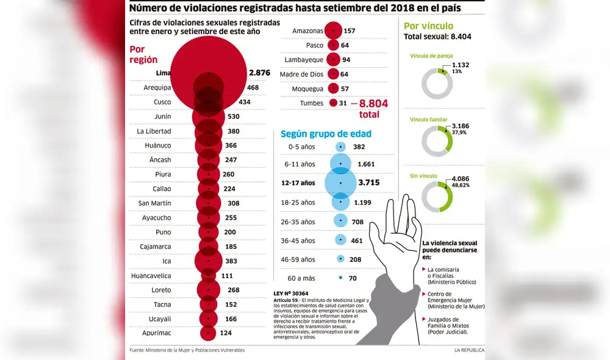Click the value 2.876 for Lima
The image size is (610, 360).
tap(259, 73)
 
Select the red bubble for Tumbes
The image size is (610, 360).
tap(333, 103)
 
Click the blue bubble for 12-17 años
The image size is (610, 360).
tap(340, 182)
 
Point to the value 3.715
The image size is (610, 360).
tap(370, 182)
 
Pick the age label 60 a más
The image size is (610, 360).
tap(301, 278)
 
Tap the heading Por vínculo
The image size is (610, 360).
tap(429, 26)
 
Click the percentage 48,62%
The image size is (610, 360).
tap(461, 185)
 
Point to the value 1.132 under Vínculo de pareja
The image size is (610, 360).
tap(461, 65)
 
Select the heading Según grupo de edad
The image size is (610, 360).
tap(326, 134)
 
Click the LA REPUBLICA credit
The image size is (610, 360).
tap(468, 350)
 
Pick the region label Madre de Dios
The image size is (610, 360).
tap(301, 74)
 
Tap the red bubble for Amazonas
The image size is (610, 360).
tap(333, 31)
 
